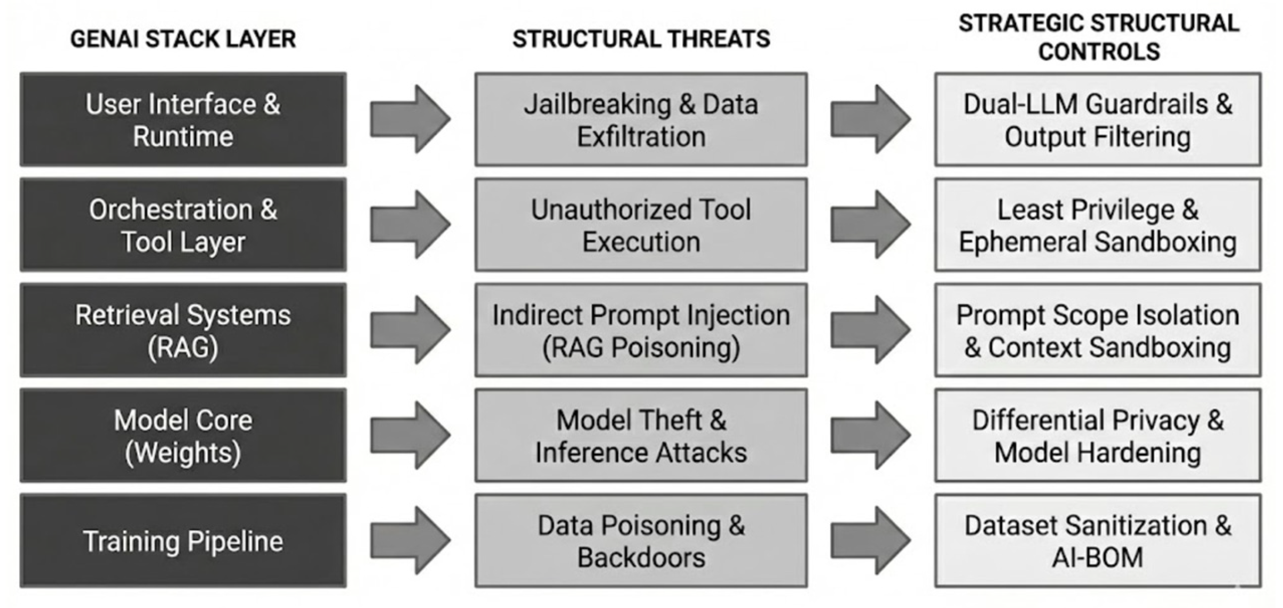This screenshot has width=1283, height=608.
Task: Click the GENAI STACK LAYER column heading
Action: click(183, 40)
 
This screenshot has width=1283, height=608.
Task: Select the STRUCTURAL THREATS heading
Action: click(641, 40)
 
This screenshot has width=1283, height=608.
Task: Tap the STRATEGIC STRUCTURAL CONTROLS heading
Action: click(1098, 37)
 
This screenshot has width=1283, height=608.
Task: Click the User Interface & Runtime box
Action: click(183, 120)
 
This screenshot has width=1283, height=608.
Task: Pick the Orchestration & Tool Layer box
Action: click(183, 225)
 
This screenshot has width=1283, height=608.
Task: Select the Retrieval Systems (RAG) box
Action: click(183, 330)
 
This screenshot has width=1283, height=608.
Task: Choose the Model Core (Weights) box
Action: click(183, 436)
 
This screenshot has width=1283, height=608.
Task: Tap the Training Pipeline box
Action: click(183, 541)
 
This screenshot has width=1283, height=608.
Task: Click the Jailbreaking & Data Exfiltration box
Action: click(641, 120)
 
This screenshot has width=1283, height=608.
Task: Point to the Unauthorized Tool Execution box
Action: click(641, 225)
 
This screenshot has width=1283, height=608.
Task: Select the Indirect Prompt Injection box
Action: click(641, 330)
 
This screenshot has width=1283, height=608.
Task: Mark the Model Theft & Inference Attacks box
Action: click(641, 436)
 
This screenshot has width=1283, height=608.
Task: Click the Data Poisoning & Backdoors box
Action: click(641, 541)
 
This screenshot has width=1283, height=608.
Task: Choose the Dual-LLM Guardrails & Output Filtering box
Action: click(1098, 120)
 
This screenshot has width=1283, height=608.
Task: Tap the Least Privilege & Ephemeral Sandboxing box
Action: click(1098, 225)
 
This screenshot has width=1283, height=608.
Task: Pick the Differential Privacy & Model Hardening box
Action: click(1098, 436)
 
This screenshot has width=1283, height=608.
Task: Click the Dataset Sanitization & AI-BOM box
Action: click(1098, 541)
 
